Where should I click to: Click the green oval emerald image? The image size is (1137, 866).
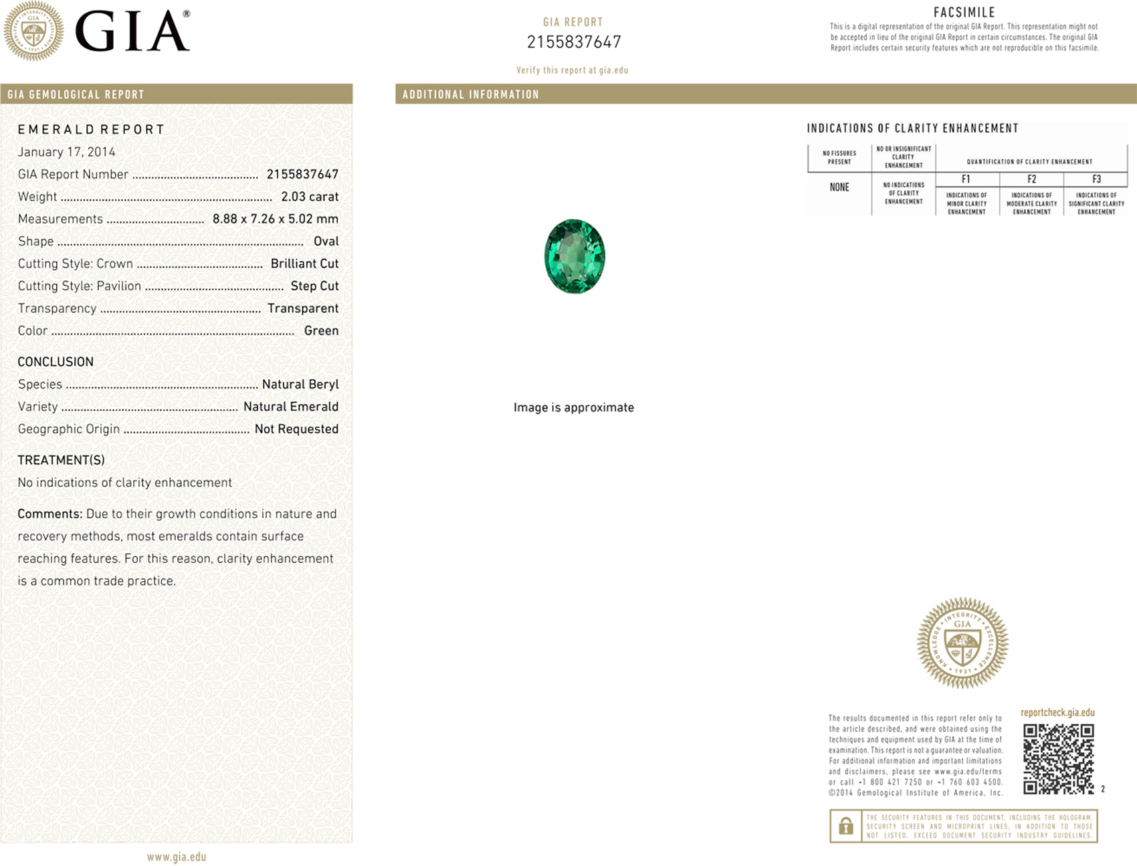575,256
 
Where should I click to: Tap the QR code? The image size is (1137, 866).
1058,758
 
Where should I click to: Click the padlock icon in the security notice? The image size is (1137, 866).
845,827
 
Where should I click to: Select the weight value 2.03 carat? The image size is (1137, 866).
310,197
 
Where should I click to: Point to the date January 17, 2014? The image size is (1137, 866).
66,152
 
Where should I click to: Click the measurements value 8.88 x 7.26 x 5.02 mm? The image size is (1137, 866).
275,219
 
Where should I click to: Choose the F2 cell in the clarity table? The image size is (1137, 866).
1031,179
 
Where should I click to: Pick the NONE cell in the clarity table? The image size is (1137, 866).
839,187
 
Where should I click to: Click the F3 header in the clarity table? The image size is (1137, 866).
1096,179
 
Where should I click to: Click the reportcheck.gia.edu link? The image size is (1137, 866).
1057,712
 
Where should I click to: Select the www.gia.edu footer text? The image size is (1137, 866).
177,857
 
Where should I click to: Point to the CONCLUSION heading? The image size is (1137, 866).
56,362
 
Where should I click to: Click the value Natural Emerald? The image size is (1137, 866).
290,407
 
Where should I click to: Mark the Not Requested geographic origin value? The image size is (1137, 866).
296,429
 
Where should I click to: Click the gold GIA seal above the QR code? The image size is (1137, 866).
962,643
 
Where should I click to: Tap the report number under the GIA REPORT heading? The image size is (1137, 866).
574,42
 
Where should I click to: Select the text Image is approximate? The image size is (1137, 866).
573,407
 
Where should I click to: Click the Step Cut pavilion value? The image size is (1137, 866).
314,286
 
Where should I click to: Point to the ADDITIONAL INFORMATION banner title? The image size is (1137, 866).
470,94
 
